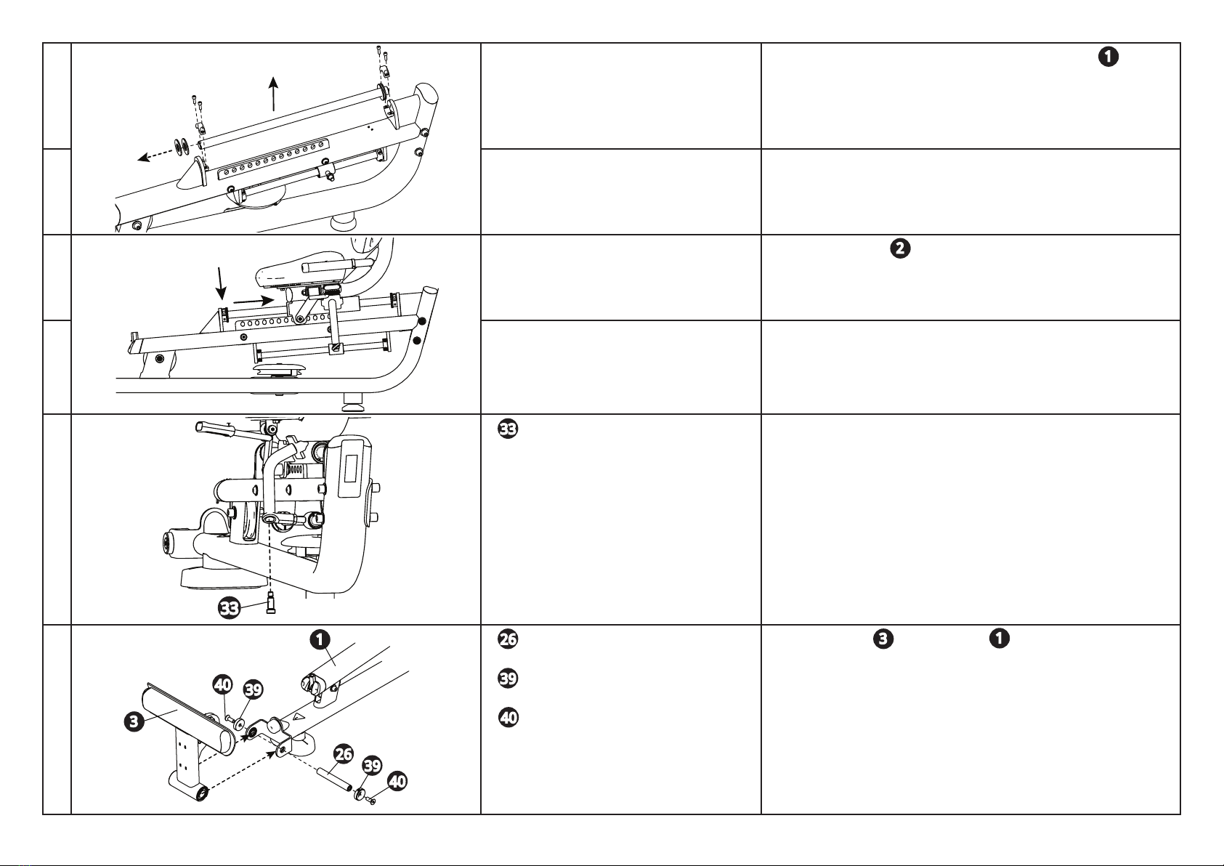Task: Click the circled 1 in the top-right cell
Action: pos(1109,57)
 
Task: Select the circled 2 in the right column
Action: pos(901,248)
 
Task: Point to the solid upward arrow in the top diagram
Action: pos(273,94)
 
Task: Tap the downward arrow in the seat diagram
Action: pos(221,283)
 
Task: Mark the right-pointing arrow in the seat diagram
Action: pos(254,301)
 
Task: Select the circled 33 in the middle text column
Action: pos(508,429)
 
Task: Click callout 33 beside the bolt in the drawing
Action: pos(230,607)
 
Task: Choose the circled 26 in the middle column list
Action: pos(508,639)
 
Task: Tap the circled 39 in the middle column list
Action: pos(508,678)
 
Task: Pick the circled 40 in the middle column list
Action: pos(508,717)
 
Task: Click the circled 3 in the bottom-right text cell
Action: pos(883,639)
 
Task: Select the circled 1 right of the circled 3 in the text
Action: pos(1000,638)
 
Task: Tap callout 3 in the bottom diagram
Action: pos(134,721)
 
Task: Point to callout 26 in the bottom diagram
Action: pos(343,754)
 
